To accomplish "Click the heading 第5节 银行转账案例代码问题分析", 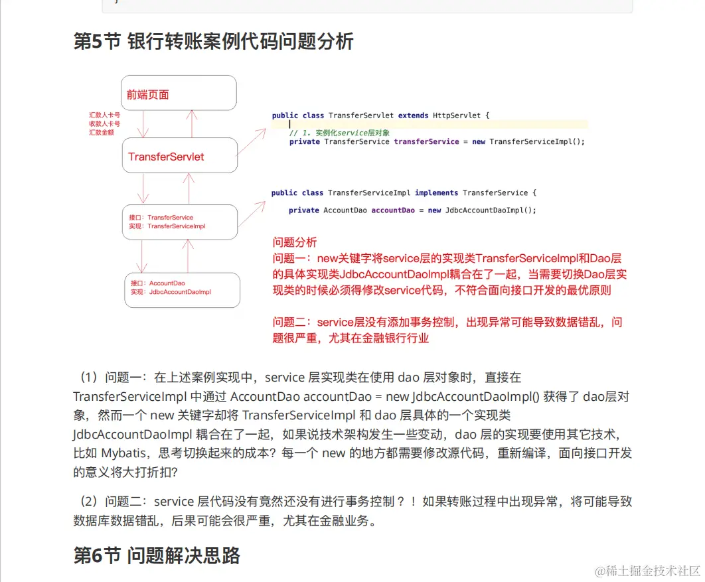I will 213,42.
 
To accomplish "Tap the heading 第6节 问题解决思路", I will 157,555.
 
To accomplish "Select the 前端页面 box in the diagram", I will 179,93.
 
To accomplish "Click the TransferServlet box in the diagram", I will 179,157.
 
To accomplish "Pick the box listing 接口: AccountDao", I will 182,288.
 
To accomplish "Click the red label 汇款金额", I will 104,133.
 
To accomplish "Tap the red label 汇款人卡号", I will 104,115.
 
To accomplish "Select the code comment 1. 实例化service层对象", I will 339,133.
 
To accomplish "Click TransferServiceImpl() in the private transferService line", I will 537,141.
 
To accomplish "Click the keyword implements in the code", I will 436,193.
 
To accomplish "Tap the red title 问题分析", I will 295,242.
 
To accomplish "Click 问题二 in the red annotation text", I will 291,323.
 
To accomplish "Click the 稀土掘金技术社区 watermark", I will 648,571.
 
